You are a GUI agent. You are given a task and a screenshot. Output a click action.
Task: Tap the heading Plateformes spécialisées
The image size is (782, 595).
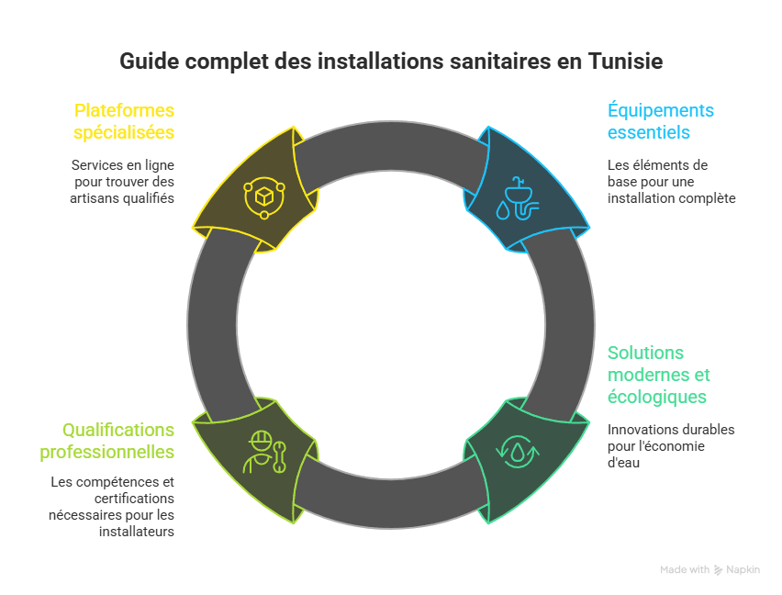tap(124, 121)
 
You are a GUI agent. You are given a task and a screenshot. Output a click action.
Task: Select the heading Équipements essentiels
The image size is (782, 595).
tap(660, 121)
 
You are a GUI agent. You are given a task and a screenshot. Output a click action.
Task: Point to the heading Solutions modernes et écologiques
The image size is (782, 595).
tap(658, 375)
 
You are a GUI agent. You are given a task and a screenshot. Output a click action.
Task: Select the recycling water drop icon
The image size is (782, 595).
tap(518, 450)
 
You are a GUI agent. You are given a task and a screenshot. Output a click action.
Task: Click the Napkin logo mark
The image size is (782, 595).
tap(718, 570)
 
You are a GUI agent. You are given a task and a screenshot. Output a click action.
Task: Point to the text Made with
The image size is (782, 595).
tap(685, 570)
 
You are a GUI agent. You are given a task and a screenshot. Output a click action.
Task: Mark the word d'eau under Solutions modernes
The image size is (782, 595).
tap(623, 463)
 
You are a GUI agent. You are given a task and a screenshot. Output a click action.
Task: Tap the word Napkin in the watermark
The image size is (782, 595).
tap(743, 570)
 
